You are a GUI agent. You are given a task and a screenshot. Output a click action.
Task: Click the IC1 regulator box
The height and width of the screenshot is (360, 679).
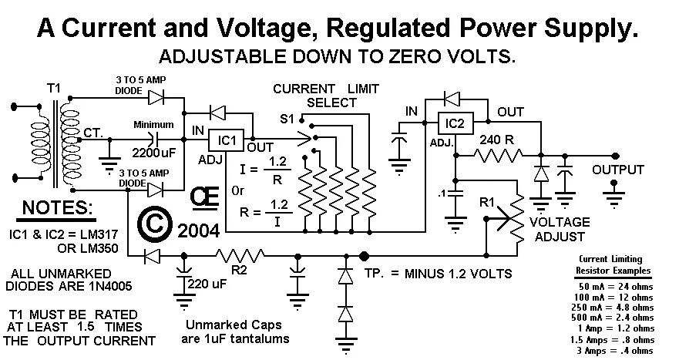pos(225,140)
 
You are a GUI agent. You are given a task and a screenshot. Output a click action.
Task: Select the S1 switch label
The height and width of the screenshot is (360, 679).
pos(286,119)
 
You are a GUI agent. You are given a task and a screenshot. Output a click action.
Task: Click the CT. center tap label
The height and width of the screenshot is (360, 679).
pos(96,132)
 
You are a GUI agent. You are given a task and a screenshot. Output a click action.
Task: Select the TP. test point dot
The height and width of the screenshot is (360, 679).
pos(364,255)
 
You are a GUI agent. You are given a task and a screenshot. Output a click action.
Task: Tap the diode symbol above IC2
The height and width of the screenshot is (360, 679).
pos(452,97)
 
